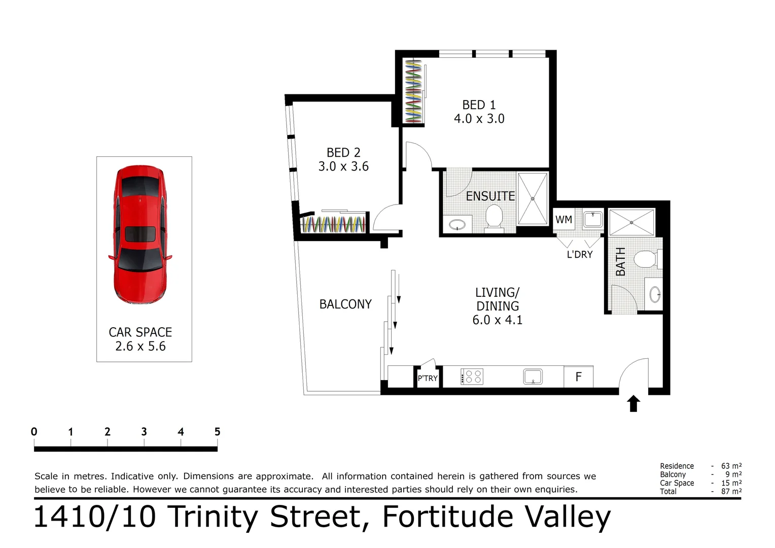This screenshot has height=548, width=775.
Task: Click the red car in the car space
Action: click(x=140, y=234)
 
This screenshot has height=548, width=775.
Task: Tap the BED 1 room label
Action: click(x=479, y=105)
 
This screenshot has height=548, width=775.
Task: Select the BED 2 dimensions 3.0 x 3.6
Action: click(x=343, y=166)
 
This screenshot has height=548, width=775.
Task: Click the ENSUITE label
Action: click(x=490, y=196)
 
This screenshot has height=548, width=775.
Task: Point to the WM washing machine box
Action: click(x=563, y=220)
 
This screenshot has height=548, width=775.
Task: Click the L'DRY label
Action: click(x=579, y=255)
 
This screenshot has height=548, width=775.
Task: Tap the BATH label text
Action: click(x=620, y=262)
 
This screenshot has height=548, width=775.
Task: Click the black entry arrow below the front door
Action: click(x=633, y=404)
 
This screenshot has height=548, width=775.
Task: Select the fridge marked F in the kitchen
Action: click(x=578, y=377)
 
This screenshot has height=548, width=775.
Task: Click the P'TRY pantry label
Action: click(x=428, y=379)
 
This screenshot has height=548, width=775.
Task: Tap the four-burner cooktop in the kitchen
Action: click(x=472, y=376)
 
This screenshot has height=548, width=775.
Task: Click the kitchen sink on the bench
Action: click(x=533, y=376)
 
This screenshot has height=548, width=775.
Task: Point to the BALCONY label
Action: click(x=345, y=304)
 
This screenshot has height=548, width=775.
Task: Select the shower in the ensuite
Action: click(x=533, y=199)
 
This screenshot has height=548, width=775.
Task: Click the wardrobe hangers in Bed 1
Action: click(x=413, y=91)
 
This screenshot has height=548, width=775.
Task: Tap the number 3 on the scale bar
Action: click(x=144, y=432)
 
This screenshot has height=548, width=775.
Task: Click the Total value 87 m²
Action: click(x=731, y=491)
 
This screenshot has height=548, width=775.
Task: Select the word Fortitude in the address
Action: click(x=448, y=517)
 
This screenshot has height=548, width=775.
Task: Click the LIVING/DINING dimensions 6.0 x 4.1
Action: click(x=497, y=320)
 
